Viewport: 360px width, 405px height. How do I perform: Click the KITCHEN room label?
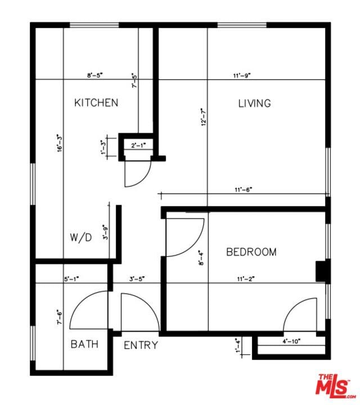[x=96, y=102]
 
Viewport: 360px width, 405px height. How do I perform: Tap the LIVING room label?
[x=254, y=103]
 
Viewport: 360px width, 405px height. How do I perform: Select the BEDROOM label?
[x=251, y=252]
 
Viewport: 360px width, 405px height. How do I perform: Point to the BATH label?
[x=84, y=344]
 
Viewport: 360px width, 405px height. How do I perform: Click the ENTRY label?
[x=141, y=345]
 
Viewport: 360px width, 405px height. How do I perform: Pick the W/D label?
[x=80, y=237]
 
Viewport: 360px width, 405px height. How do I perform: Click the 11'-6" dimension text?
[x=243, y=190]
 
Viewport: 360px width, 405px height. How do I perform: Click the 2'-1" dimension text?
[x=138, y=145]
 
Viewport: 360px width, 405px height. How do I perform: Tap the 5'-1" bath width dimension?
[x=72, y=278]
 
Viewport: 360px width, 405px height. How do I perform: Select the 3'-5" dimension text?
[x=137, y=278]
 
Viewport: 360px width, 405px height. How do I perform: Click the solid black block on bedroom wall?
[x=322, y=271]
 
